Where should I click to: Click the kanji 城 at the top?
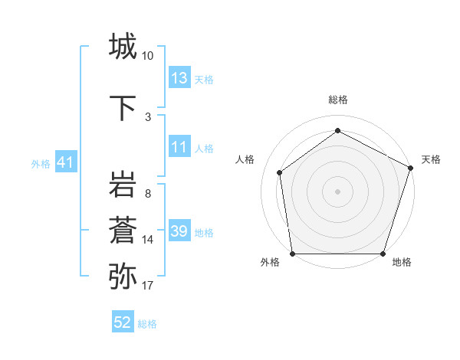pos(123,47)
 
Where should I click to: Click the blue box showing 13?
pos(179,78)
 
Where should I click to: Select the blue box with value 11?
pos(179,147)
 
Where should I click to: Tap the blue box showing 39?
pos(179,231)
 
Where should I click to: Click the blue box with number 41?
pos(65,162)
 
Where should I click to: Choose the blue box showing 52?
pos(123,323)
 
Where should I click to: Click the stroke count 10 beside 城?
pos(148,56)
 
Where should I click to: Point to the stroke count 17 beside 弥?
pos(148,286)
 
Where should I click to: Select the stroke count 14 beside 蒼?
pos(148,240)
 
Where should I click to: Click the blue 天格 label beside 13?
pos(204,79)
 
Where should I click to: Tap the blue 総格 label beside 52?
pos(147,324)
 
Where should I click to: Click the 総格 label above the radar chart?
pos(337,100)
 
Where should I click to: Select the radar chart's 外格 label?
pos(270,263)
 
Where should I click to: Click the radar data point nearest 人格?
pos(280,172)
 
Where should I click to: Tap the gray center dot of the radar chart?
pos(337,191)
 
